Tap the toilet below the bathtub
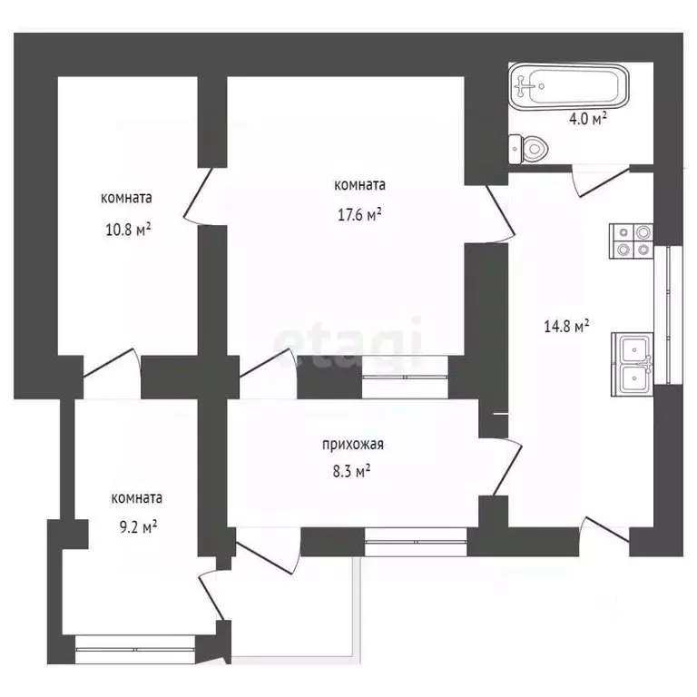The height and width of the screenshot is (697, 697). click(x=529, y=147)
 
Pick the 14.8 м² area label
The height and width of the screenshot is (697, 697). click(x=572, y=326)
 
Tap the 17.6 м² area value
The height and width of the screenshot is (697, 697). click(x=361, y=215)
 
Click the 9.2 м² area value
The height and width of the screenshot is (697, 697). click(x=137, y=525)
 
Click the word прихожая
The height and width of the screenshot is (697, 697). click(x=354, y=445)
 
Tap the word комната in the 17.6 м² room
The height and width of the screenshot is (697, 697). click(x=360, y=185)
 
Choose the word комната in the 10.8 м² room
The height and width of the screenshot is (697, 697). click(x=126, y=198)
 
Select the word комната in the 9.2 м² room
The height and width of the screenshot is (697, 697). click(x=137, y=497)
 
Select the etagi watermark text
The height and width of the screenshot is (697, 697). click(x=349, y=343)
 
